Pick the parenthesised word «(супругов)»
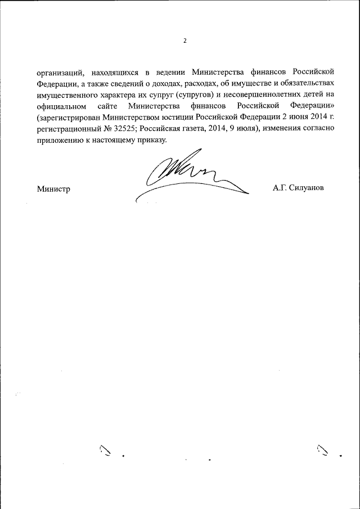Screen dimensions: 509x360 (x=195, y=94)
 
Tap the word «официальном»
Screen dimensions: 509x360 (x=60, y=106)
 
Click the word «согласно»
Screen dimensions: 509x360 (x=319, y=128)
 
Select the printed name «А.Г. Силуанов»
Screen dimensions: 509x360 (x=298, y=188)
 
